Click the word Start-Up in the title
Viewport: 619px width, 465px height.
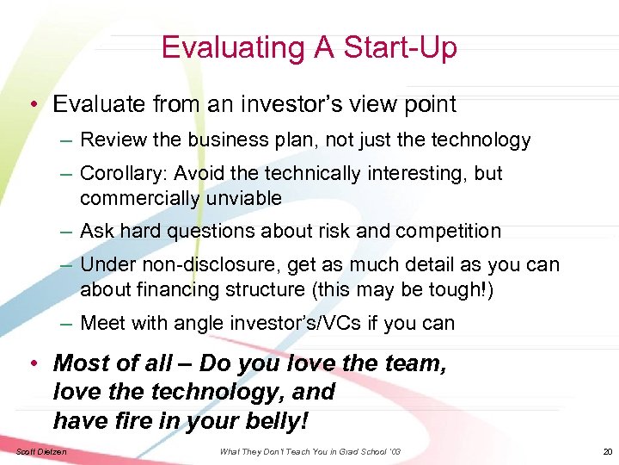point(401,47)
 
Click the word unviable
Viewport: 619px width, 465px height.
point(242,199)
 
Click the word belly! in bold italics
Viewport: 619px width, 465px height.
point(278,420)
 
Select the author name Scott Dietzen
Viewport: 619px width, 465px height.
point(40,452)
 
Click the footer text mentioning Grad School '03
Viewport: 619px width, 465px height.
point(309,452)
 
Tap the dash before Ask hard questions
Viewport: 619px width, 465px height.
point(66,232)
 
